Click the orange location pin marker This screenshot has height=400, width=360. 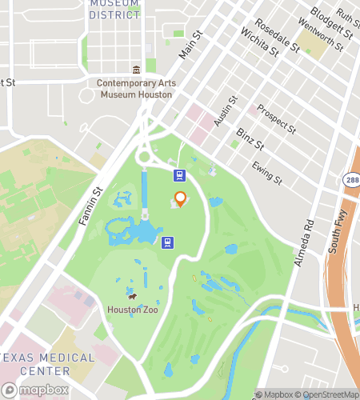tap(180, 198)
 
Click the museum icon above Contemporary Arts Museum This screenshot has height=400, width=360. tap(136, 70)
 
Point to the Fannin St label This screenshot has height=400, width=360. tap(90, 206)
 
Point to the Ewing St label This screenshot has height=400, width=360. tap(267, 172)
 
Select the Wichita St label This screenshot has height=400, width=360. tap(259, 43)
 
